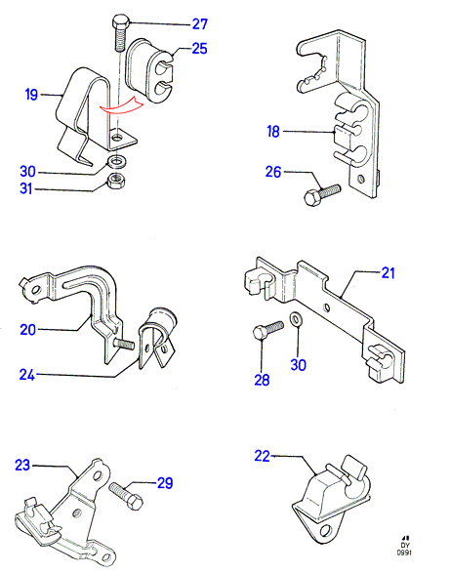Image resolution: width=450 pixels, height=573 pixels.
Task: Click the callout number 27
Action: pos(200,24)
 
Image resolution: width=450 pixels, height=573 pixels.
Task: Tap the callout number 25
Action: pos(199,49)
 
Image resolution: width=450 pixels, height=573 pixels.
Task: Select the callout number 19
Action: pos(31,95)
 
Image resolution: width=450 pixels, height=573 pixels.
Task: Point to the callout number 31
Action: pos(26,189)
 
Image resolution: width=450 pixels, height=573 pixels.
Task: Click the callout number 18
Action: pos(273,131)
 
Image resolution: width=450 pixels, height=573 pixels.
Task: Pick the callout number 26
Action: pos(273,172)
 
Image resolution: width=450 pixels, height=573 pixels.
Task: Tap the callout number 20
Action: pos(27,330)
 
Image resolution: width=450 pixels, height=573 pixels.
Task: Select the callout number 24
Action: pos(27,375)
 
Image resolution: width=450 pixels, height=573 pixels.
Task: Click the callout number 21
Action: pos(388,273)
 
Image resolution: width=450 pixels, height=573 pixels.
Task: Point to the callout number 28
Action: pos(262,380)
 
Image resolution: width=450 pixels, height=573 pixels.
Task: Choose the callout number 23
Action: pos(22,466)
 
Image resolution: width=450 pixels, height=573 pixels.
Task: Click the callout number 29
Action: pos(165,483)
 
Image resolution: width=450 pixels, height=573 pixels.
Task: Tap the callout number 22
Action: pos(263,456)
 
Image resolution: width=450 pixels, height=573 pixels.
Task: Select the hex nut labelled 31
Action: pos(117,180)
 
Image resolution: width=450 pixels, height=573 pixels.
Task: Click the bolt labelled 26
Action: pos(322,195)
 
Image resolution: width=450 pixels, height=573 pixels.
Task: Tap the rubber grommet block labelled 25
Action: pos(149,69)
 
